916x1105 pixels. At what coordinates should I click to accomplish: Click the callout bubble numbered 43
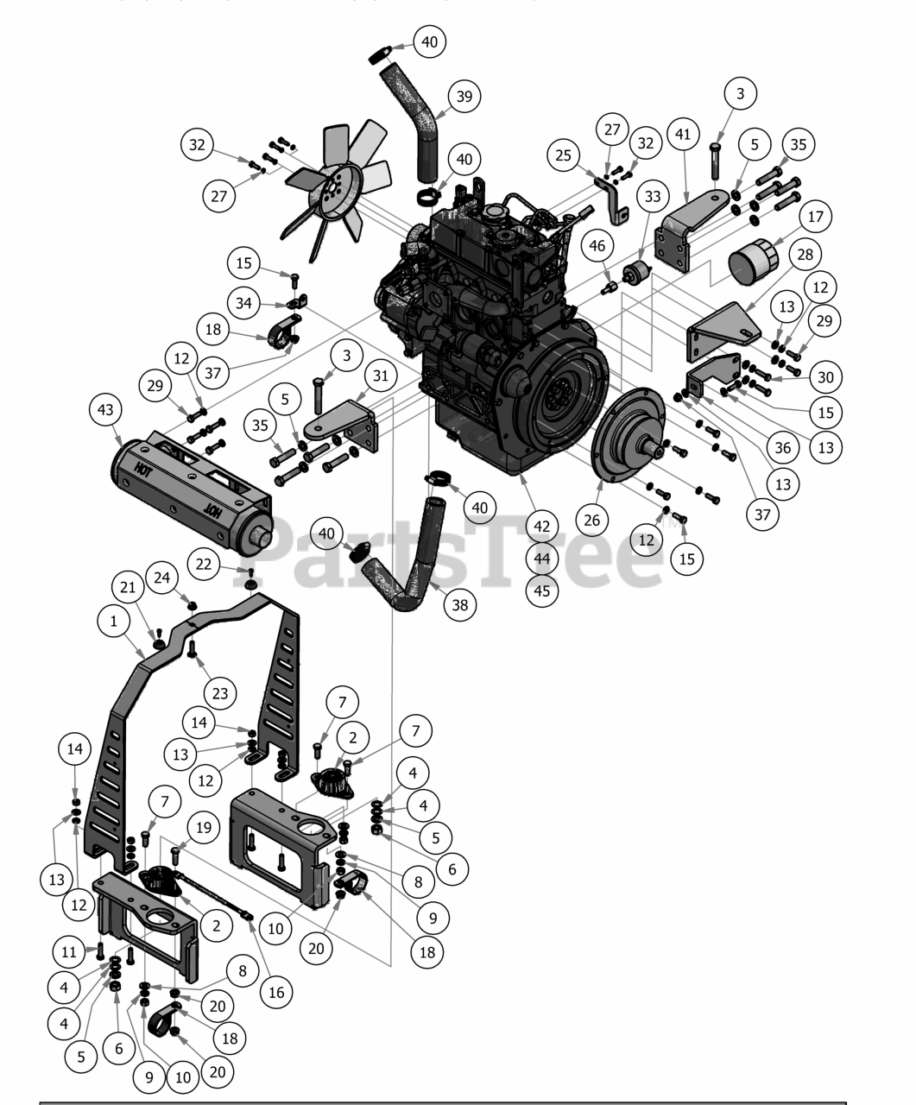point(107,409)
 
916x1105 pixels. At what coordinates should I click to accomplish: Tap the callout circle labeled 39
point(464,96)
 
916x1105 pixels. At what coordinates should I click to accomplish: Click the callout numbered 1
point(113,620)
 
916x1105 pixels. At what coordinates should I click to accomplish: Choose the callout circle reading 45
point(542,590)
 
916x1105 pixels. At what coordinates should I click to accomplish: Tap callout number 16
point(276,992)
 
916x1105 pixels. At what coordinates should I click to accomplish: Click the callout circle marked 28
point(805,254)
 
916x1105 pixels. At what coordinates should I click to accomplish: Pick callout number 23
point(220,692)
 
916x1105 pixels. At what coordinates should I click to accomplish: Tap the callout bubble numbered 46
point(597,246)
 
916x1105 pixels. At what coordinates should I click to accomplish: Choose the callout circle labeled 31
point(381,376)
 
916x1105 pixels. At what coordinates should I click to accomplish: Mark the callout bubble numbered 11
point(70,952)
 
